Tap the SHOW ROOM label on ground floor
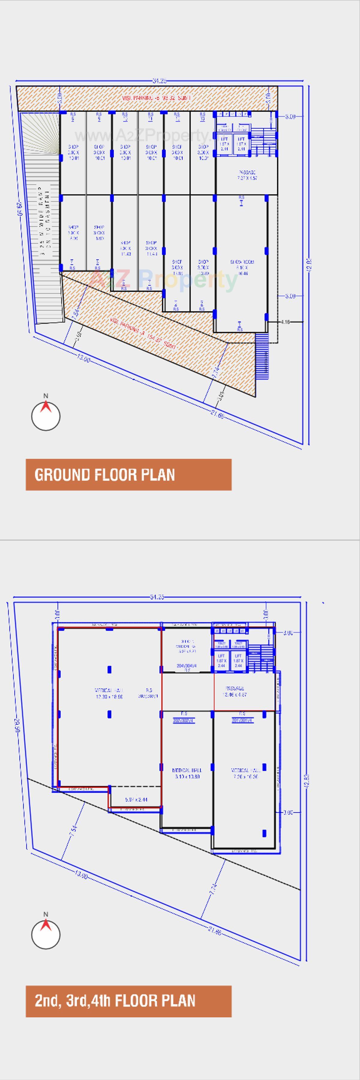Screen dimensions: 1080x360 click(242, 267)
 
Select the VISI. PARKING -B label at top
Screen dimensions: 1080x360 click(156, 98)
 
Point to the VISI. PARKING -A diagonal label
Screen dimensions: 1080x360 click(143, 334)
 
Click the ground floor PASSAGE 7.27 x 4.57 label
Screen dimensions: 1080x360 click(247, 175)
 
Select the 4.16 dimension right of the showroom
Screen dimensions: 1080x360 click(285, 322)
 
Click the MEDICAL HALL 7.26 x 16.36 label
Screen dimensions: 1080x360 click(246, 773)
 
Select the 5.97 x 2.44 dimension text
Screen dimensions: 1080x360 click(136, 799)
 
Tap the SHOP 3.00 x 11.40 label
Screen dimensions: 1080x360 click(125, 248)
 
